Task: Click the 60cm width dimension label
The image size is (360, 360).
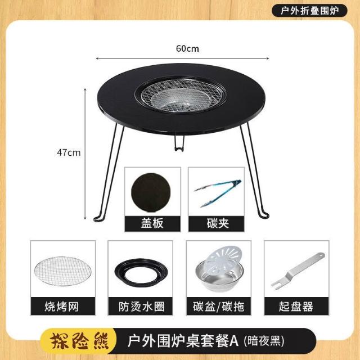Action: coord(187,49)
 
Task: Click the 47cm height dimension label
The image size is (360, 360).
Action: coord(69,152)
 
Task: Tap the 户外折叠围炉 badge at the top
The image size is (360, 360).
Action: coord(309,11)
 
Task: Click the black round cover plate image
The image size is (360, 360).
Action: coord(151,192)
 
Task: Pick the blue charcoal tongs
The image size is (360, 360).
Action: coord(218,193)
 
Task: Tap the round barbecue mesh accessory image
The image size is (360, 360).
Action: coord(63,271)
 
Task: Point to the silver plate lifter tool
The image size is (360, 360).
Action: coord(298,271)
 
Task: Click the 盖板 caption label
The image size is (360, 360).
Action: coord(152,223)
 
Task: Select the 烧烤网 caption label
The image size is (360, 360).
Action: coord(62,307)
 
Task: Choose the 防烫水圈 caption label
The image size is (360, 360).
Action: coord(141,307)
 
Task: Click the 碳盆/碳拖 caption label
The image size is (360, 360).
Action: coord(218,307)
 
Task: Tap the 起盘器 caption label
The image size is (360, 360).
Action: coord(296,307)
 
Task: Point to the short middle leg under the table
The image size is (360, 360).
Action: coord(179,142)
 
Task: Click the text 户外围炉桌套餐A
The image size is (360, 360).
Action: coord(183,341)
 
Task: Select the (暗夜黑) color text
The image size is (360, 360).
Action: coord(264,341)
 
